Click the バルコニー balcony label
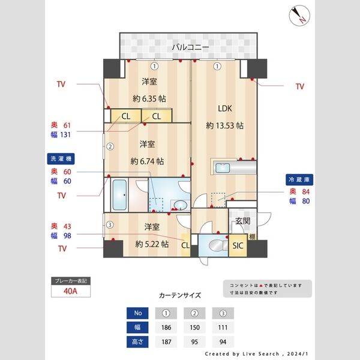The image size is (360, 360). tap(190, 46)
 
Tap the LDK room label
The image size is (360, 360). tap(224, 109)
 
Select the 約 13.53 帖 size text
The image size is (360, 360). tap(224, 125)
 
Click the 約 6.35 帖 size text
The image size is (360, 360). tap(149, 98)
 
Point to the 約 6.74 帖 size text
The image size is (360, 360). tap(148, 161)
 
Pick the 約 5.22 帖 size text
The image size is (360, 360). tap(151, 244)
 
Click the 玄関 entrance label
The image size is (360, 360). tap(242, 221)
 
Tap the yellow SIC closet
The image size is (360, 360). tap(236, 245)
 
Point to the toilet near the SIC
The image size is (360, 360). tap(212, 245)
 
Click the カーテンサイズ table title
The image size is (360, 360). tap(180, 296)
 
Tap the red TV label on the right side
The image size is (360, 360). tap(299, 86)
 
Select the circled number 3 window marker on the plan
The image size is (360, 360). tap(110, 225)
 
